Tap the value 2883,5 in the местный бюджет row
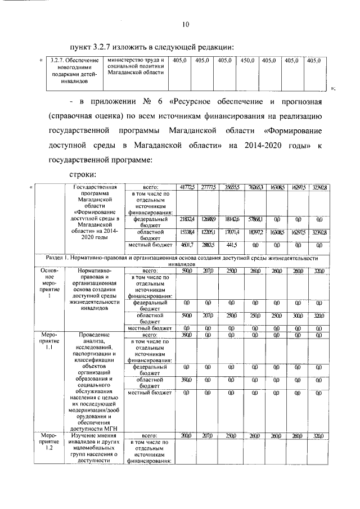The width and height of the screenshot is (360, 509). (x=209, y=245)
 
